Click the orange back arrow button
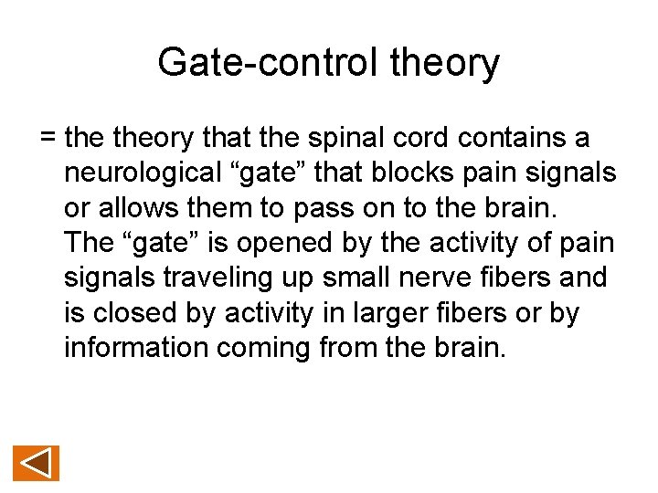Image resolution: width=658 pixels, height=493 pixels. pos(36,463)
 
